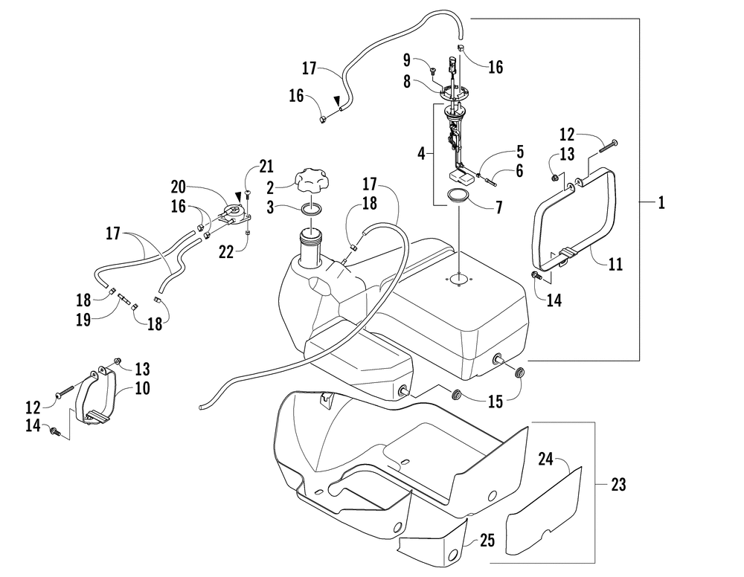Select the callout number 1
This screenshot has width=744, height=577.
[661, 203]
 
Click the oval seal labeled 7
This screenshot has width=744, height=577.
[458, 198]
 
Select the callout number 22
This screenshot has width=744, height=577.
[227, 252]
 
